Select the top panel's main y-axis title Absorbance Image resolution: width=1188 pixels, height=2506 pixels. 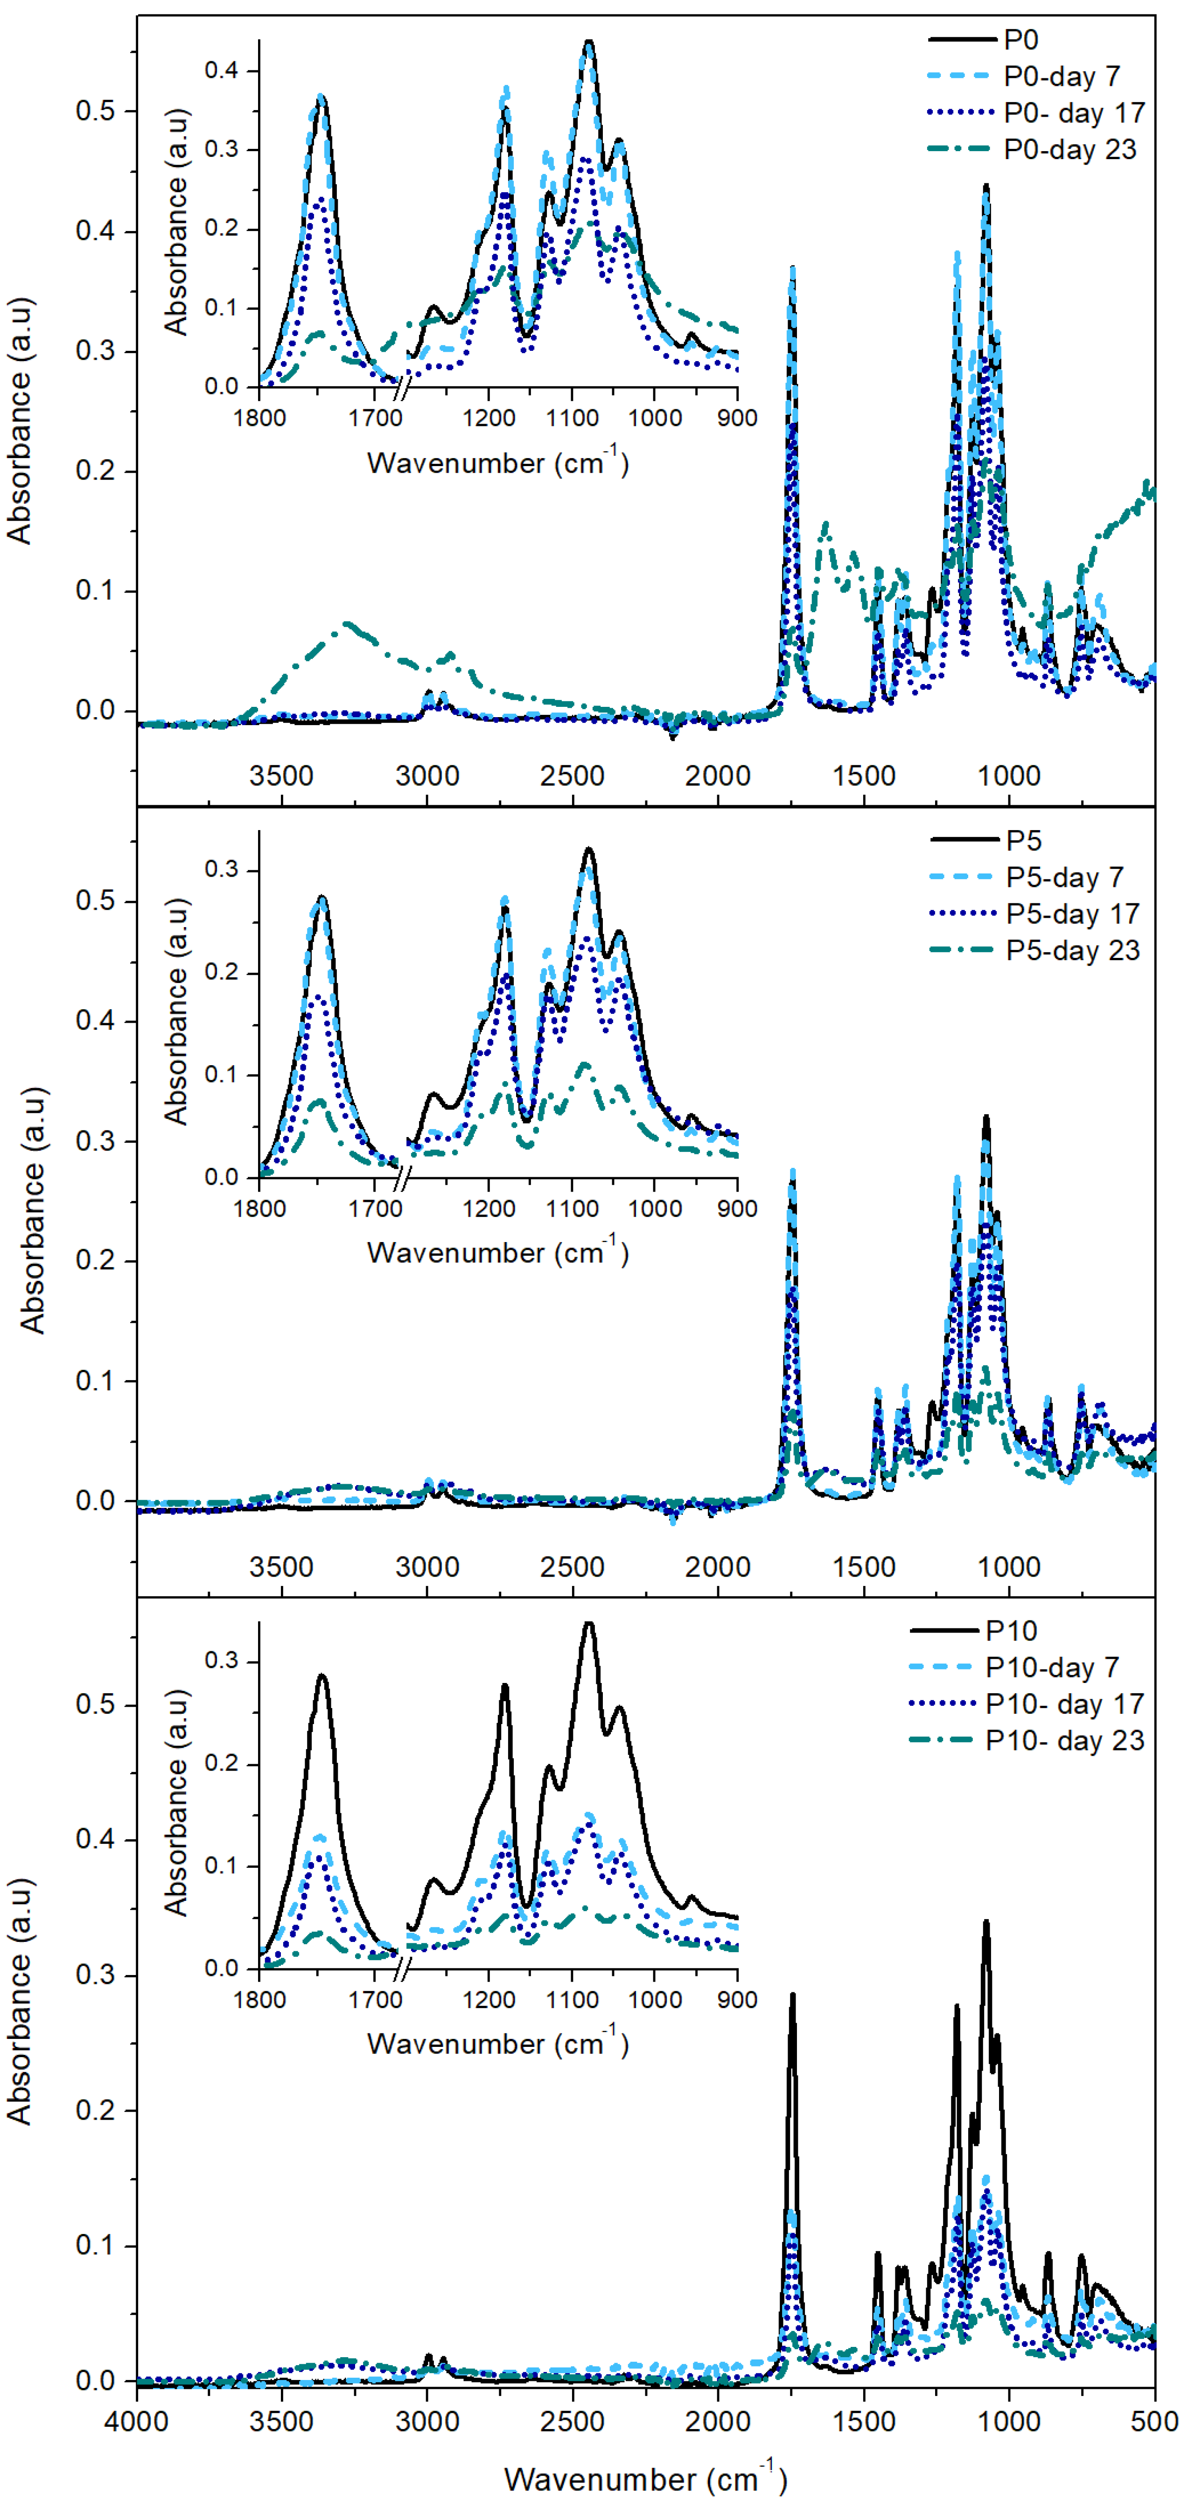pyautogui.click(x=20, y=419)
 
